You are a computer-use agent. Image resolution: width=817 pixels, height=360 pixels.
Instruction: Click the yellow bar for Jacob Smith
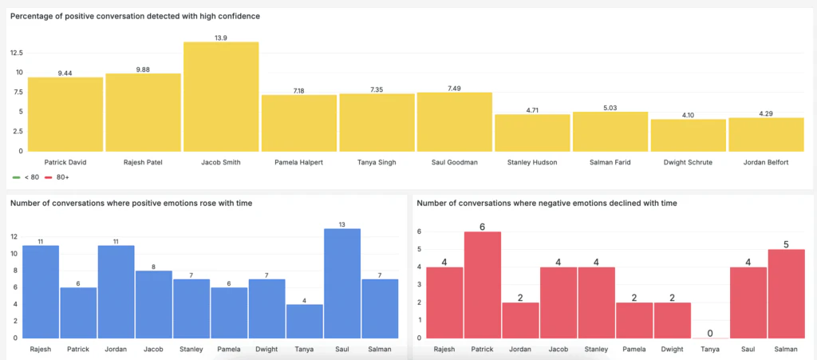point(221,96)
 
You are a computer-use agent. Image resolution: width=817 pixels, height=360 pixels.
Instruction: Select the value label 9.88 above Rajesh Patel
point(143,69)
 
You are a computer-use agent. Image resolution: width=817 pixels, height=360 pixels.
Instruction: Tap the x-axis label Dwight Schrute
point(688,162)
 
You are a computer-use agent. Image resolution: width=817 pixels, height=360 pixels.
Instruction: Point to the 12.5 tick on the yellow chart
point(15,53)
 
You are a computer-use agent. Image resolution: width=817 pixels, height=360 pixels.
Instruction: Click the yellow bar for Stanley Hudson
point(532,133)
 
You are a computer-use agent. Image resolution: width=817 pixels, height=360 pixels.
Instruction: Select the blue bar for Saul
point(342,283)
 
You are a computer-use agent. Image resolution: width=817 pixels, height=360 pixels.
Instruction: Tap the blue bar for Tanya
point(304,320)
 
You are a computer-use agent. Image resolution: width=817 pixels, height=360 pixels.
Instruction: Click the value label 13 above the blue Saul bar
point(342,224)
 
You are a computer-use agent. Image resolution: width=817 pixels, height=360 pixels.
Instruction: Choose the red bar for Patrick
point(483,284)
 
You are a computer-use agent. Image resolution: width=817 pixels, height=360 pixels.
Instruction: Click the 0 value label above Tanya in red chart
point(710,332)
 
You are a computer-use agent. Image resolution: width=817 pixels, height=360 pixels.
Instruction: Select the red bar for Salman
point(786,293)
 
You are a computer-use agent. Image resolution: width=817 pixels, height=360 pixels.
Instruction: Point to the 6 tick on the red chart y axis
point(420,231)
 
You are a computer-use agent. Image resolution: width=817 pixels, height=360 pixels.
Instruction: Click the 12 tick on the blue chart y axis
point(13,237)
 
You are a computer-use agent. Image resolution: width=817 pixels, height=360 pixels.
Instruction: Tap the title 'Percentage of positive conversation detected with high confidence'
point(135,16)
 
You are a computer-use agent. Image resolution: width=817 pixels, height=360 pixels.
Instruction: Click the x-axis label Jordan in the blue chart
point(116,349)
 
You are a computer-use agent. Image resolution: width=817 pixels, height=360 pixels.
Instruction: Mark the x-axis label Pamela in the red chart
point(634,349)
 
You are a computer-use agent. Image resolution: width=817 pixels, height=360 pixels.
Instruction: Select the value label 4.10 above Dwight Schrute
point(688,115)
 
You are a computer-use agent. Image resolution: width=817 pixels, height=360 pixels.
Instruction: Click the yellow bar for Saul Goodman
point(455,121)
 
